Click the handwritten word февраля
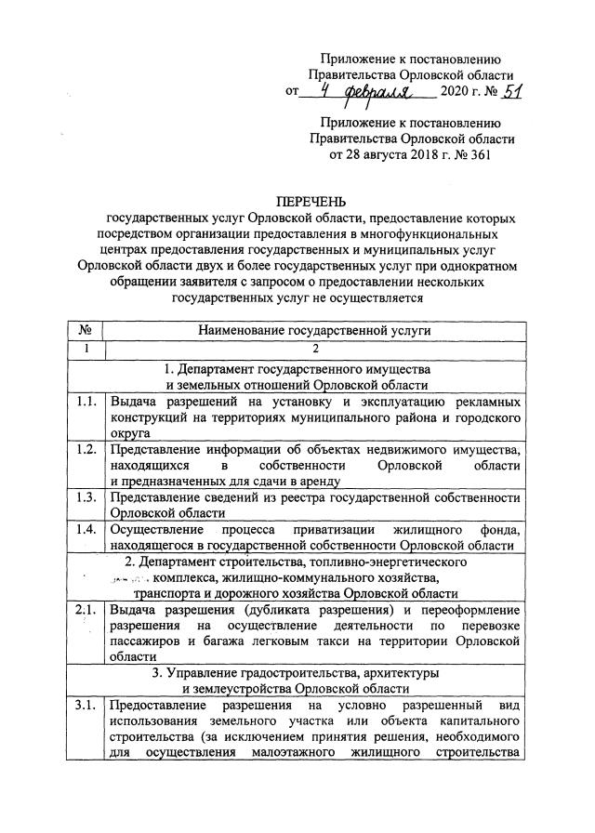(380, 92)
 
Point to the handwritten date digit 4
(324, 91)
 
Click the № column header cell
(85, 329)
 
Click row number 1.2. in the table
(86, 450)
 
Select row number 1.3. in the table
(86, 496)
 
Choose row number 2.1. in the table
(86, 610)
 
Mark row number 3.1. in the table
(86, 707)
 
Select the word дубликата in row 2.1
(284, 610)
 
